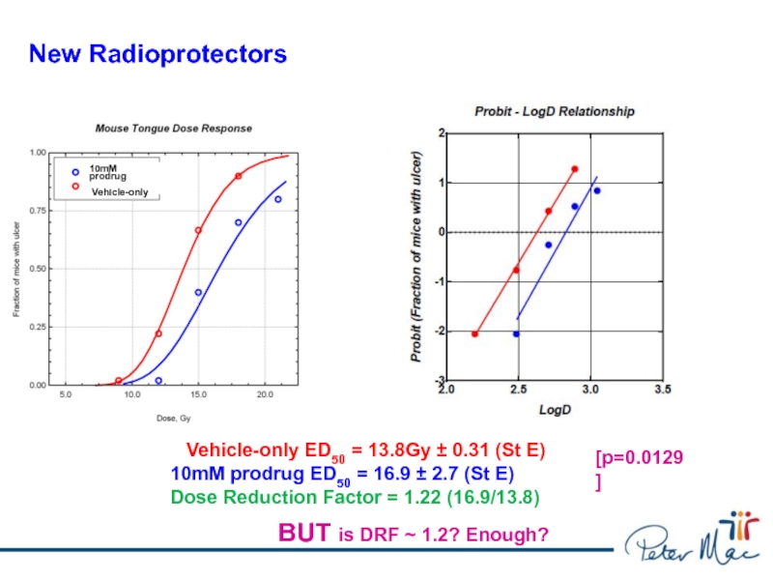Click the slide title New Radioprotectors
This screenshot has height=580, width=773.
click(x=157, y=54)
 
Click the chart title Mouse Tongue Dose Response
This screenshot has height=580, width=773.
click(x=173, y=128)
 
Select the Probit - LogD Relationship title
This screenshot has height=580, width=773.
click(x=555, y=111)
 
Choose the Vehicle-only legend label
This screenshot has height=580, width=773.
click(x=120, y=192)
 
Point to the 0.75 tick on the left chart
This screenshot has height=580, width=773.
click(x=40, y=211)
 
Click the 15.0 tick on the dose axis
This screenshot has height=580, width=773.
click(x=198, y=394)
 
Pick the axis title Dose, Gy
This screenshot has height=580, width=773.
click(x=173, y=418)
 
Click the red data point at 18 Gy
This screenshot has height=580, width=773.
click(x=238, y=176)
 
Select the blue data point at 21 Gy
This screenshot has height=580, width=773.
click(x=277, y=200)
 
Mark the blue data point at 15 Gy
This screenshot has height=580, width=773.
click(x=198, y=292)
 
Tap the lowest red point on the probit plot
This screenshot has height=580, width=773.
click(x=474, y=333)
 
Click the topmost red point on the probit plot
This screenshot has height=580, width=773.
click(x=574, y=169)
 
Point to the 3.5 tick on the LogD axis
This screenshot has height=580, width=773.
click(x=662, y=391)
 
